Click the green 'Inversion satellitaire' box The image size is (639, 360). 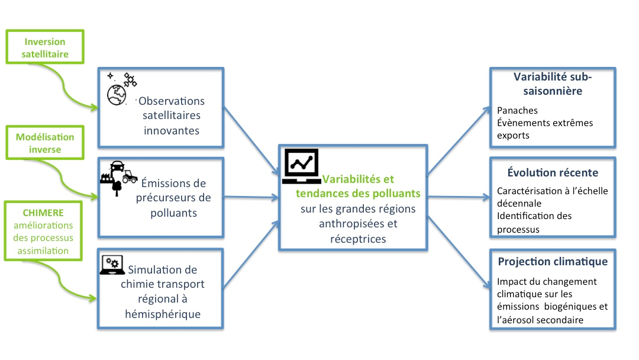(x=46, y=48)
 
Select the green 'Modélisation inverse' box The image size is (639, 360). (x=46, y=143)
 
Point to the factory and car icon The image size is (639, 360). (x=118, y=174)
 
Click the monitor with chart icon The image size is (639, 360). (x=302, y=165)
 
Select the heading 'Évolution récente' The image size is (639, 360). (x=553, y=173)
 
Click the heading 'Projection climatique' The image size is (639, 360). (x=553, y=262)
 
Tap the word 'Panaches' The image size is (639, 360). (x=518, y=111)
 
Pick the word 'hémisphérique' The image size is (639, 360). (x=160, y=314)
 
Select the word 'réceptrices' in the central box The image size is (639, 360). (x=359, y=239)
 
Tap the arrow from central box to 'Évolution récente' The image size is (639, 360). (x=457, y=196)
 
